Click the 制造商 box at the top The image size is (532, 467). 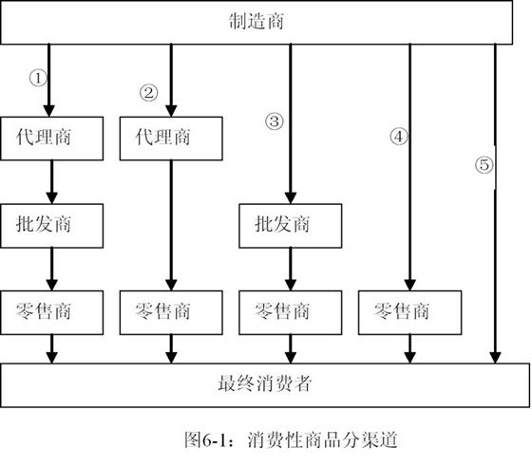coord(256,23)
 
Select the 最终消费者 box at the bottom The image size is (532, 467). coord(265,385)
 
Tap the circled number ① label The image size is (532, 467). coord(38,78)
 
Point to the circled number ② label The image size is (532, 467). coord(149,93)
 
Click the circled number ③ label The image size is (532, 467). coord(275,121)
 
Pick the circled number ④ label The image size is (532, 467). coord(399,137)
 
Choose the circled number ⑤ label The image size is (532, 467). coord(484,165)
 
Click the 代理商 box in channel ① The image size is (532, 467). coord(52,139)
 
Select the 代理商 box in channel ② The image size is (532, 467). coord(171,139)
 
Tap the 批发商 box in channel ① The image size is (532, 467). coord(52,226)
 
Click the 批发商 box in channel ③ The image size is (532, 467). coord(291,226)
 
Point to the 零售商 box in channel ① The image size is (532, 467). coord(52,312)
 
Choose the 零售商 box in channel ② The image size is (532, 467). coord(171,312)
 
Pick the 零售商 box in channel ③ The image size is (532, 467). coord(291,312)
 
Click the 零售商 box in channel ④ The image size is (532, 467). coord(409,312)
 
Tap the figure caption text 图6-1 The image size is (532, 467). coord(205,440)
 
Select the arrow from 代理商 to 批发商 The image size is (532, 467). coord(52,182)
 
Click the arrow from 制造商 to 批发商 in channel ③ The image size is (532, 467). coord(291,124)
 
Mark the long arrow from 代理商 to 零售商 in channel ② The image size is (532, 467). coord(171,225)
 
